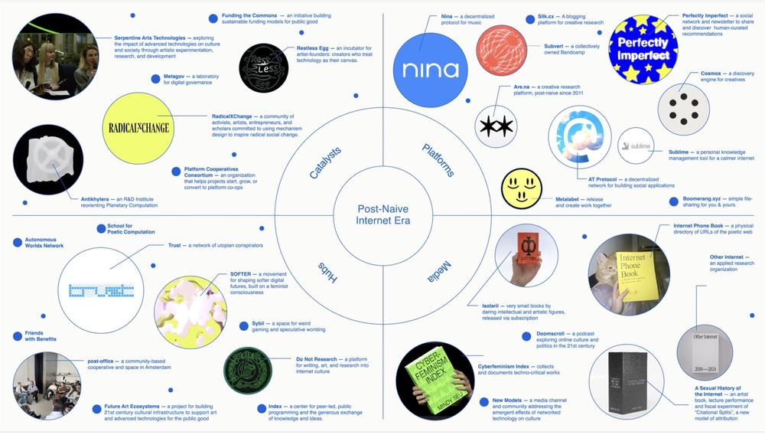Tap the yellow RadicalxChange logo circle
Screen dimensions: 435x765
click(x=138, y=128)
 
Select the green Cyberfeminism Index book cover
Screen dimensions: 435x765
click(x=435, y=381)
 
